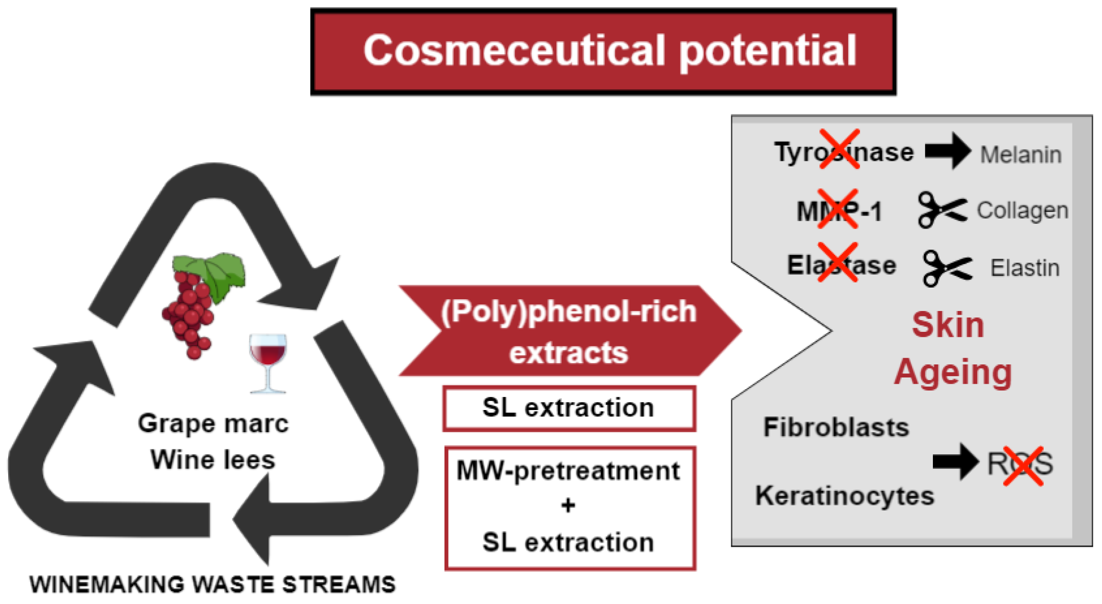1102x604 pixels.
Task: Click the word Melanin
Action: click(1020, 155)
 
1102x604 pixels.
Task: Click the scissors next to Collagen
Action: click(941, 210)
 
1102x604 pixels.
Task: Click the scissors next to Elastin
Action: click(946, 268)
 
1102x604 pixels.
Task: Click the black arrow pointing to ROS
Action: click(955, 462)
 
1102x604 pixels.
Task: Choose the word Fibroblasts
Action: click(835, 427)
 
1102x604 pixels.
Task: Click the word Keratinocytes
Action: click(844, 496)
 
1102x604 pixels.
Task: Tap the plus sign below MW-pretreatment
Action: click(568, 505)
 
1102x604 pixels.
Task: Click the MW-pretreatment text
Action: click(568, 471)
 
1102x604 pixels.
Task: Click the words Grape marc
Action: click(213, 424)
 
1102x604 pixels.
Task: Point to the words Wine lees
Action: click(213, 460)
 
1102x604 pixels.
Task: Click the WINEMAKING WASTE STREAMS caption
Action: click(213, 584)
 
